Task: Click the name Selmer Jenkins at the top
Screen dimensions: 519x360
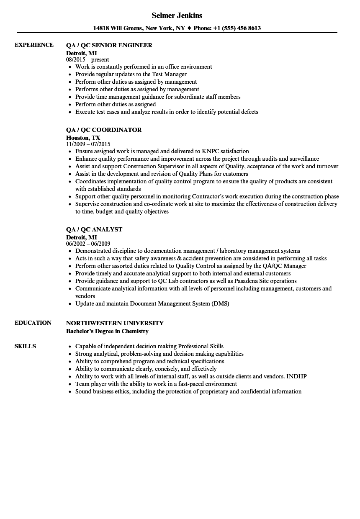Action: click(177, 15)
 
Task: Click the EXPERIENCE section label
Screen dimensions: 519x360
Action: click(34, 45)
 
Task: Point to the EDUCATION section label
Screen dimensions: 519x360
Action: click(33, 323)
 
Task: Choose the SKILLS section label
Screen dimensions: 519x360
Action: click(25, 346)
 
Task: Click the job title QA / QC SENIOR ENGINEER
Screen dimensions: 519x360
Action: click(109, 45)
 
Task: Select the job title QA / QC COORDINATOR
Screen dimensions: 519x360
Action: click(104, 130)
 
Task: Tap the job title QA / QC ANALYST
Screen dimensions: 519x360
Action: click(94, 229)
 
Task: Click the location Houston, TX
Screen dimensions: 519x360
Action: click(83, 137)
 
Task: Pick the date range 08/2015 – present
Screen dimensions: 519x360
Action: click(87, 59)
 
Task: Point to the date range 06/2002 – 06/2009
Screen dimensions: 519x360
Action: click(88, 244)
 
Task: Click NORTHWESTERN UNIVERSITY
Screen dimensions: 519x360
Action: click(115, 323)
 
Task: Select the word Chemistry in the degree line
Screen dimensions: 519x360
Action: click(134, 331)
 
